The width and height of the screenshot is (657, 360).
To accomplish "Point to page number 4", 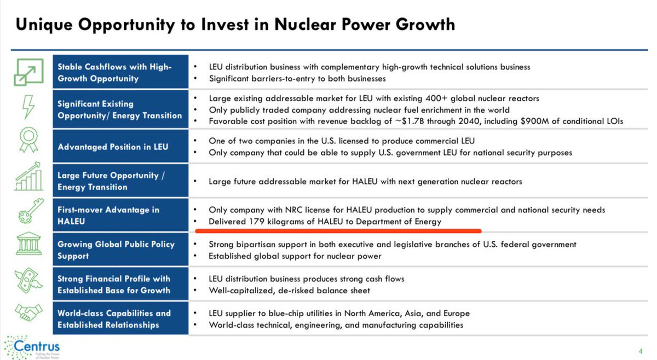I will click(x=640, y=351).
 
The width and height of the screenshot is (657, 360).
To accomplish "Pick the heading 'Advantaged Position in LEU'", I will click(x=113, y=147).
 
